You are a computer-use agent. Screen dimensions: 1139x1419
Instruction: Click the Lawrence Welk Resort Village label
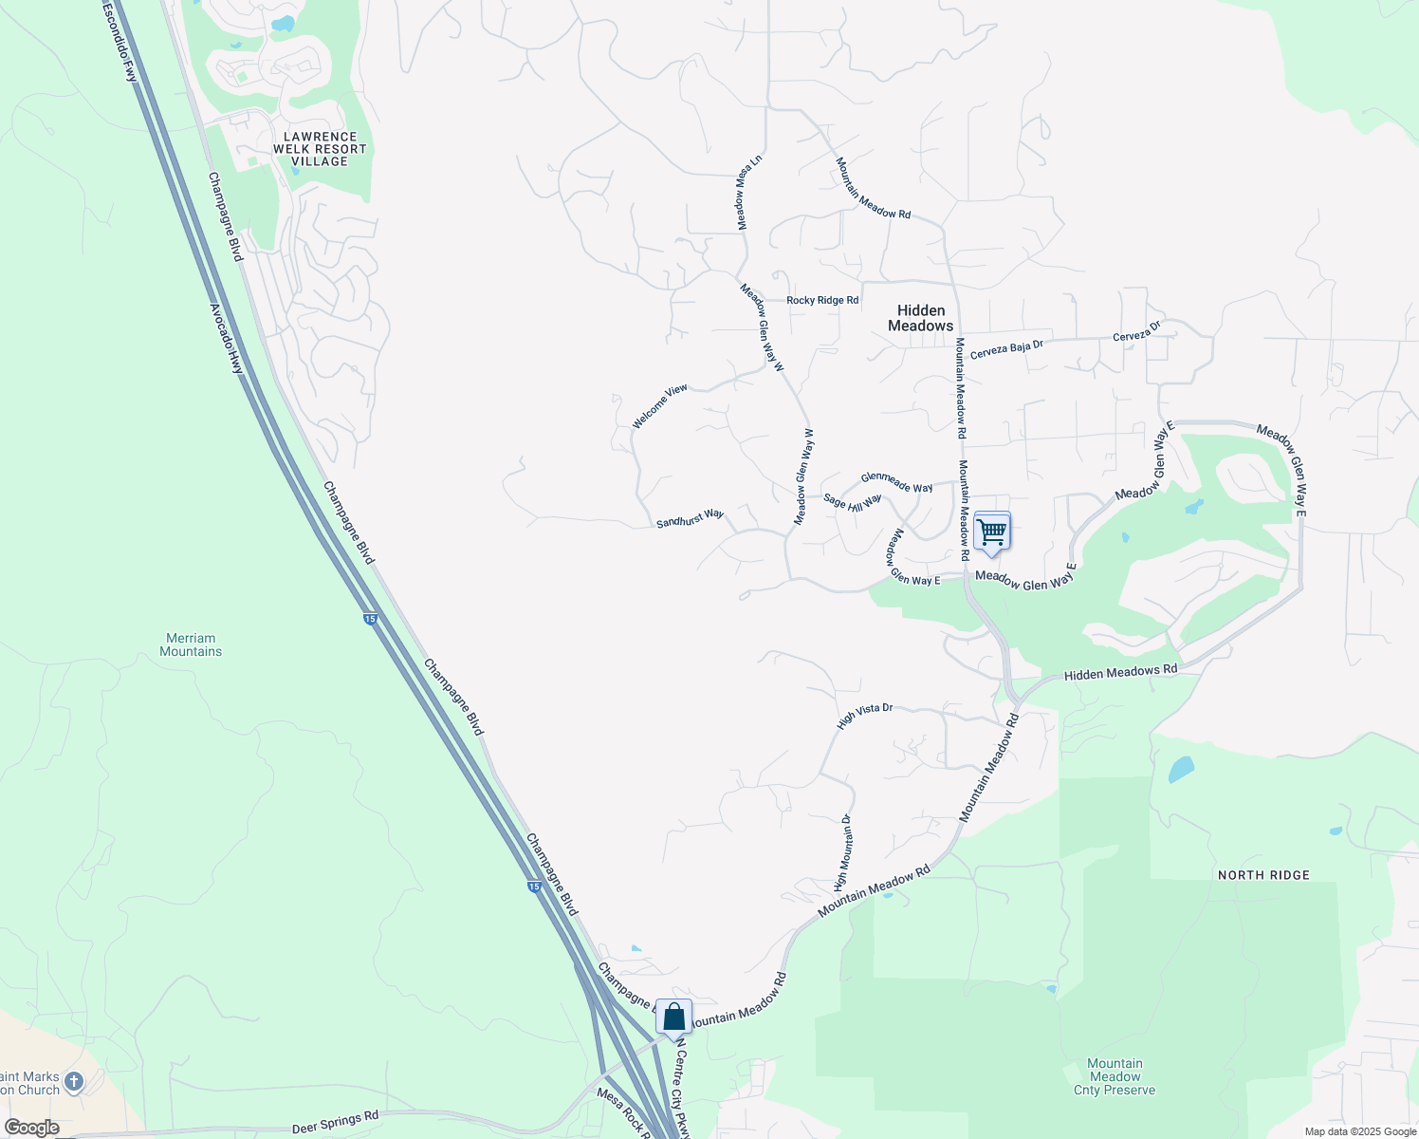tap(320, 149)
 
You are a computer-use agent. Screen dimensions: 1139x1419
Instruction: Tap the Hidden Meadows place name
tap(920, 318)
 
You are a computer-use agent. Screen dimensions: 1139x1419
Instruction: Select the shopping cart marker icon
tap(991, 532)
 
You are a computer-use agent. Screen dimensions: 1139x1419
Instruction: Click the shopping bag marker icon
tap(673, 1018)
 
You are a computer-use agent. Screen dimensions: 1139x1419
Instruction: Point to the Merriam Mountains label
tap(191, 645)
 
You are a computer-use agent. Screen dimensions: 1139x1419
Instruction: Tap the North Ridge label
tap(1263, 875)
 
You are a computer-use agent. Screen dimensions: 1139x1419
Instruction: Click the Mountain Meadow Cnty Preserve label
tap(1115, 1077)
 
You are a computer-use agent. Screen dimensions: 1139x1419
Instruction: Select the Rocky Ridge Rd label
tap(822, 300)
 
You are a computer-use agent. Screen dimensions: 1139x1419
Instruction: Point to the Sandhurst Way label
tap(690, 519)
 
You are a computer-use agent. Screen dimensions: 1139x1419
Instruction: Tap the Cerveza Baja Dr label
tap(1006, 348)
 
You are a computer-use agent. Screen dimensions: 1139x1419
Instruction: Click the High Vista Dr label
tap(864, 716)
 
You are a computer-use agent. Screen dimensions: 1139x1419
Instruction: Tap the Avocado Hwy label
tap(226, 338)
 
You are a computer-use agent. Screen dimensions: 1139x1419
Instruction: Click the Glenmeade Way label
tap(896, 482)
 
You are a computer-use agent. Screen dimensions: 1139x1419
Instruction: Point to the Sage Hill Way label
tap(852, 502)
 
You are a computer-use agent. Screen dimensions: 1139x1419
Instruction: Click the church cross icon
tap(74, 1081)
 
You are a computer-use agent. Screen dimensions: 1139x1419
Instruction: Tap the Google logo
tap(31, 1128)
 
